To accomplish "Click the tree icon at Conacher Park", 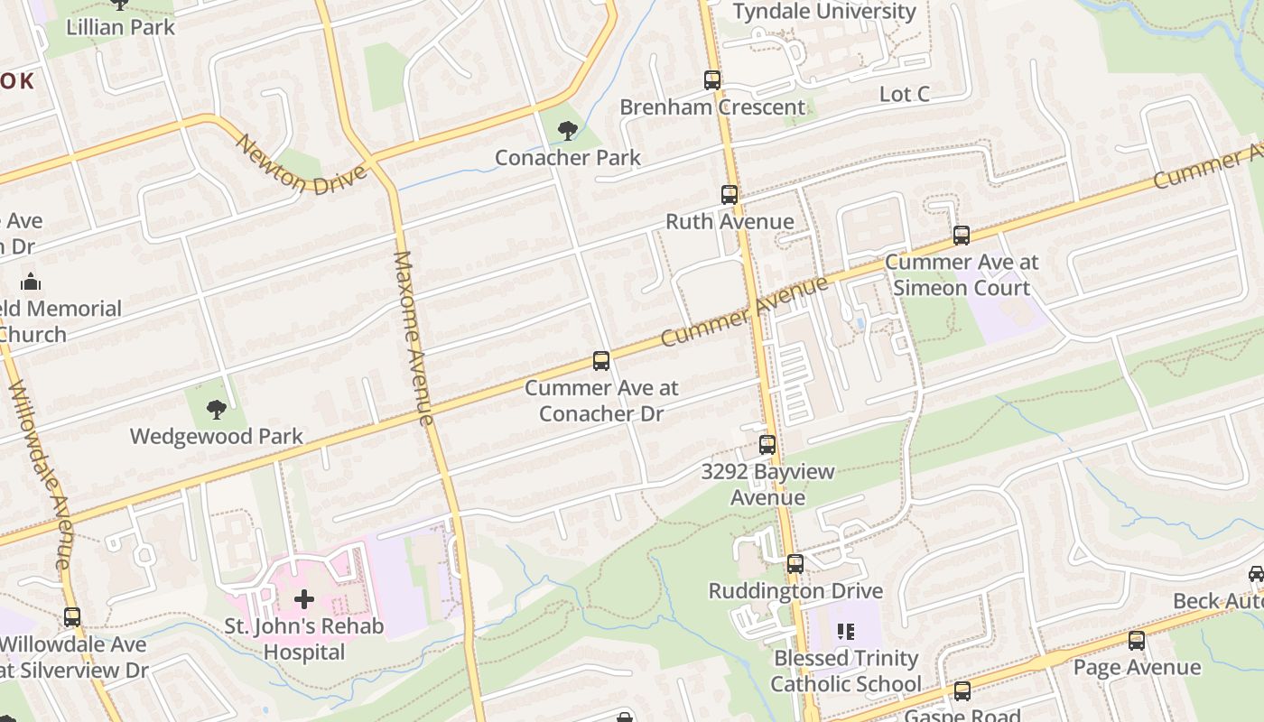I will (x=567, y=132).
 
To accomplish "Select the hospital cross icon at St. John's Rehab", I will (x=304, y=599).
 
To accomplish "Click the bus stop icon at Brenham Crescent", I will (x=712, y=80).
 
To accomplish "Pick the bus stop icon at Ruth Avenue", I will (x=729, y=195).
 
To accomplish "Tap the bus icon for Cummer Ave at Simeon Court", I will (x=962, y=236).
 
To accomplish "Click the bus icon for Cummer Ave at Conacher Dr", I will (x=601, y=361).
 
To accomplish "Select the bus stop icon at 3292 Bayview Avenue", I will (x=767, y=445).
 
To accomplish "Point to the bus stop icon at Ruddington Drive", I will (x=795, y=564).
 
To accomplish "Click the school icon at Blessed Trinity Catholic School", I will (x=846, y=632).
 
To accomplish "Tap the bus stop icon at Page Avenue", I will (x=1137, y=641).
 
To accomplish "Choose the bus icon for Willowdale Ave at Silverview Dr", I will (x=72, y=618).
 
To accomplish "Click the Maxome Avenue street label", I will (x=414, y=338).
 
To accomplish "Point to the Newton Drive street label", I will (x=302, y=165).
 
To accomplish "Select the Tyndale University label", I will (x=824, y=12).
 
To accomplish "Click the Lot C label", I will (x=904, y=95).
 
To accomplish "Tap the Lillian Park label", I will (x=120, y=27).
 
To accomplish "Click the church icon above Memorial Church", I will (x=31, y=282).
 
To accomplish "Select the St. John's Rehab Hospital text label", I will (x=304, y=639).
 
